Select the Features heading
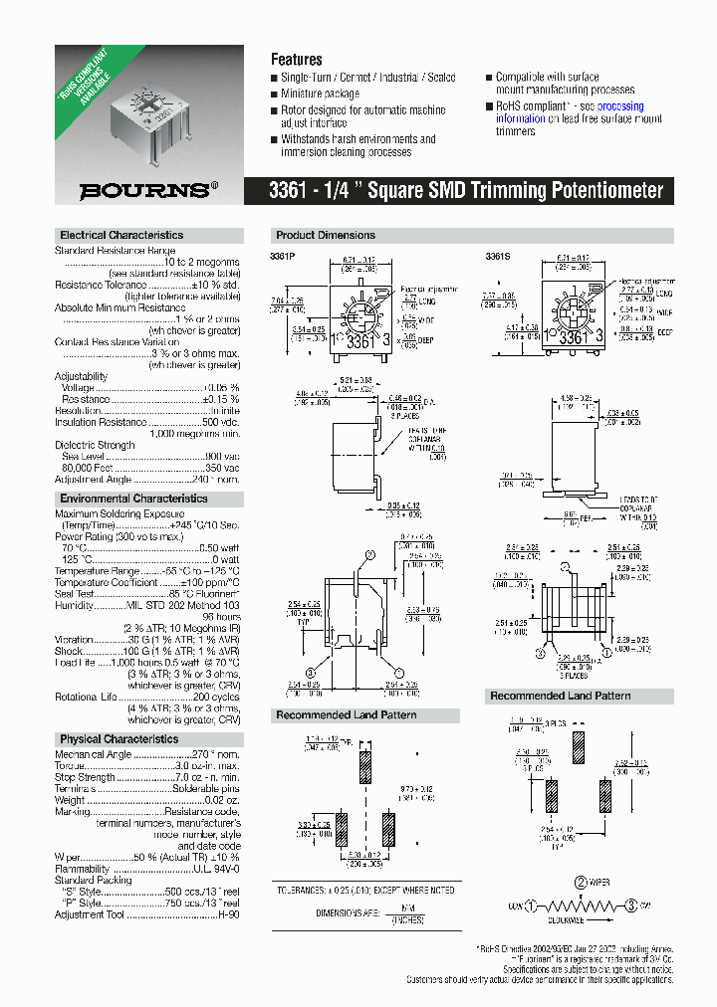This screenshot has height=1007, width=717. point(296,60)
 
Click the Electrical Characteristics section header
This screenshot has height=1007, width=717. point(121,236)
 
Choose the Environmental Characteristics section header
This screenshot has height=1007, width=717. point(133,499)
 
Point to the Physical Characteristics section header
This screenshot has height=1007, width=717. point(119,739)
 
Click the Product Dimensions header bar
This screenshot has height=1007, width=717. point(326,236)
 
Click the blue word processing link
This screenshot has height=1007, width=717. point(620,105)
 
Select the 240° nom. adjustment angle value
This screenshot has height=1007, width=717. point(218,480)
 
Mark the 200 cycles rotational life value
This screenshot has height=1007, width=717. point(216,697)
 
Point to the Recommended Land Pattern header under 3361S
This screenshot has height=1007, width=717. point(560,697)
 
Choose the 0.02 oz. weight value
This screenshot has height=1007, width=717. point(221,800)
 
